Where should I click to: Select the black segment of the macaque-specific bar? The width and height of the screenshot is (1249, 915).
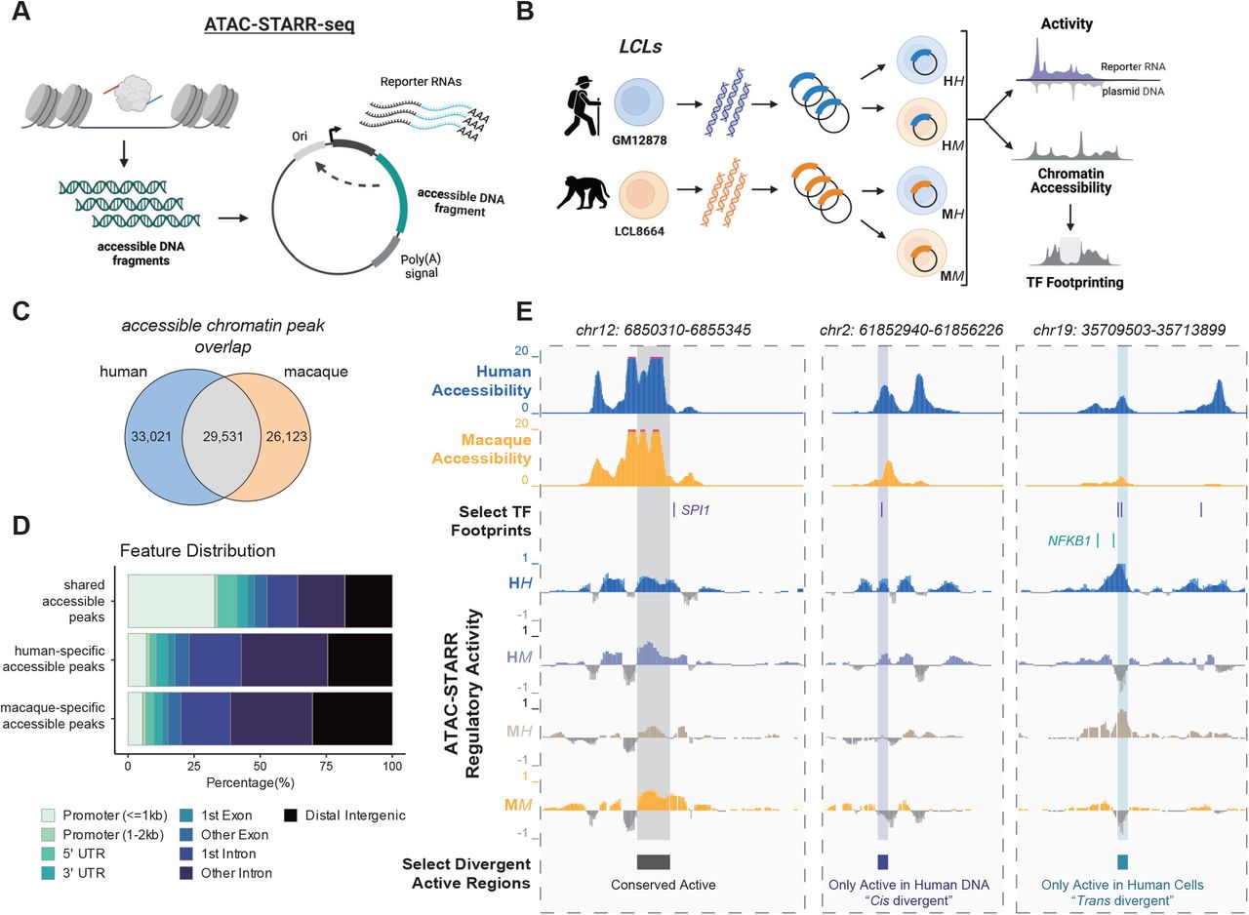pos(351,720)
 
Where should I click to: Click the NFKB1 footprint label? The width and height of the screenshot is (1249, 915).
pos(1068,538)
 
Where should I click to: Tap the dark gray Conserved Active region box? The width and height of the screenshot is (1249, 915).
pos(653,860)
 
